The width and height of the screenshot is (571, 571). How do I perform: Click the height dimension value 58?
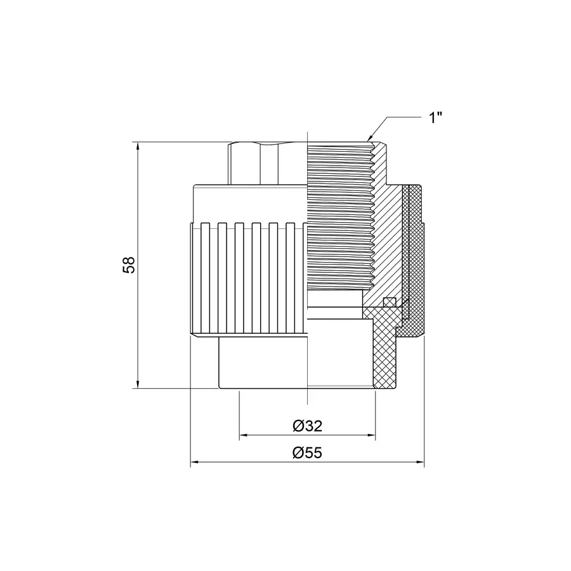click(129, 265)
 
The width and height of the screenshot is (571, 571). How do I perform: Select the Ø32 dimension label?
click(308, 426)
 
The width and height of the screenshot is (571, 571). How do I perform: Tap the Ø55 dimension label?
click(308, 452)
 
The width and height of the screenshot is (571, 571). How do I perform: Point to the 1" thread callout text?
click(435, 118)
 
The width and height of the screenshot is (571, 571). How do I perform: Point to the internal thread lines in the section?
click(339, 222)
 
